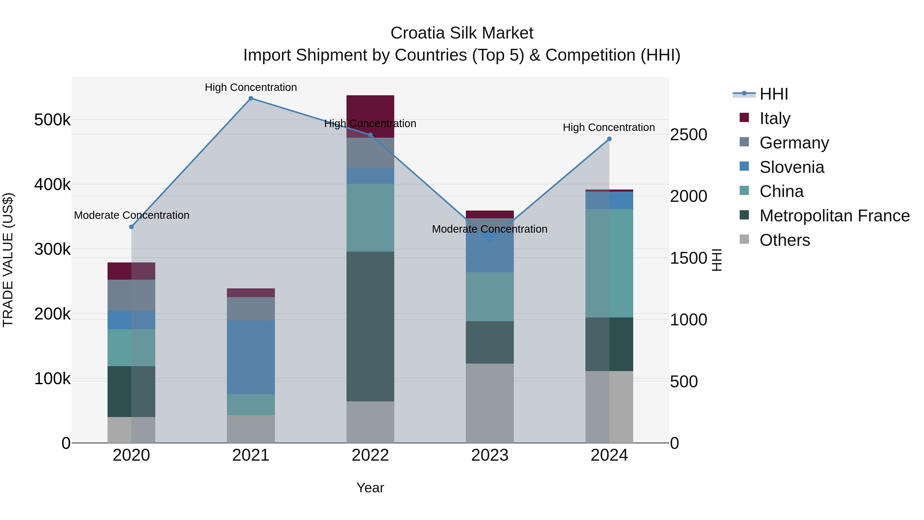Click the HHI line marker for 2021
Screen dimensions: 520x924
251,98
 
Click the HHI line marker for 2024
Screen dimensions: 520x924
609,139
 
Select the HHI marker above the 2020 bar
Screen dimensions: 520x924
131,227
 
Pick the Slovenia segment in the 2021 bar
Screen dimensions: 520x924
251,357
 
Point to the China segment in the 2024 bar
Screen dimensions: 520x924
609,263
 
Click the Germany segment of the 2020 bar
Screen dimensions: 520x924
131,295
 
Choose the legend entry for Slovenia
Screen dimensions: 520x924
792,167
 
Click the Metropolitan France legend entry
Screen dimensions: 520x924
834,216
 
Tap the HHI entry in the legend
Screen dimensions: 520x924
774,94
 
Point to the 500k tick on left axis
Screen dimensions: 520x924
52,120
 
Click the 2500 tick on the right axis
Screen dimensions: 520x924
688,135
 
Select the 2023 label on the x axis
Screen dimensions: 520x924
490,455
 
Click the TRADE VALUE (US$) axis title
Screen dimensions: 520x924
8,260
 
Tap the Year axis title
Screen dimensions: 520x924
370,488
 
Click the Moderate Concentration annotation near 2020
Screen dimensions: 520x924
132,215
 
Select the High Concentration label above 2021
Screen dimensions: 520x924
251,87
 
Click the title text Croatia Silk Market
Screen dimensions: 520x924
462,33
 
